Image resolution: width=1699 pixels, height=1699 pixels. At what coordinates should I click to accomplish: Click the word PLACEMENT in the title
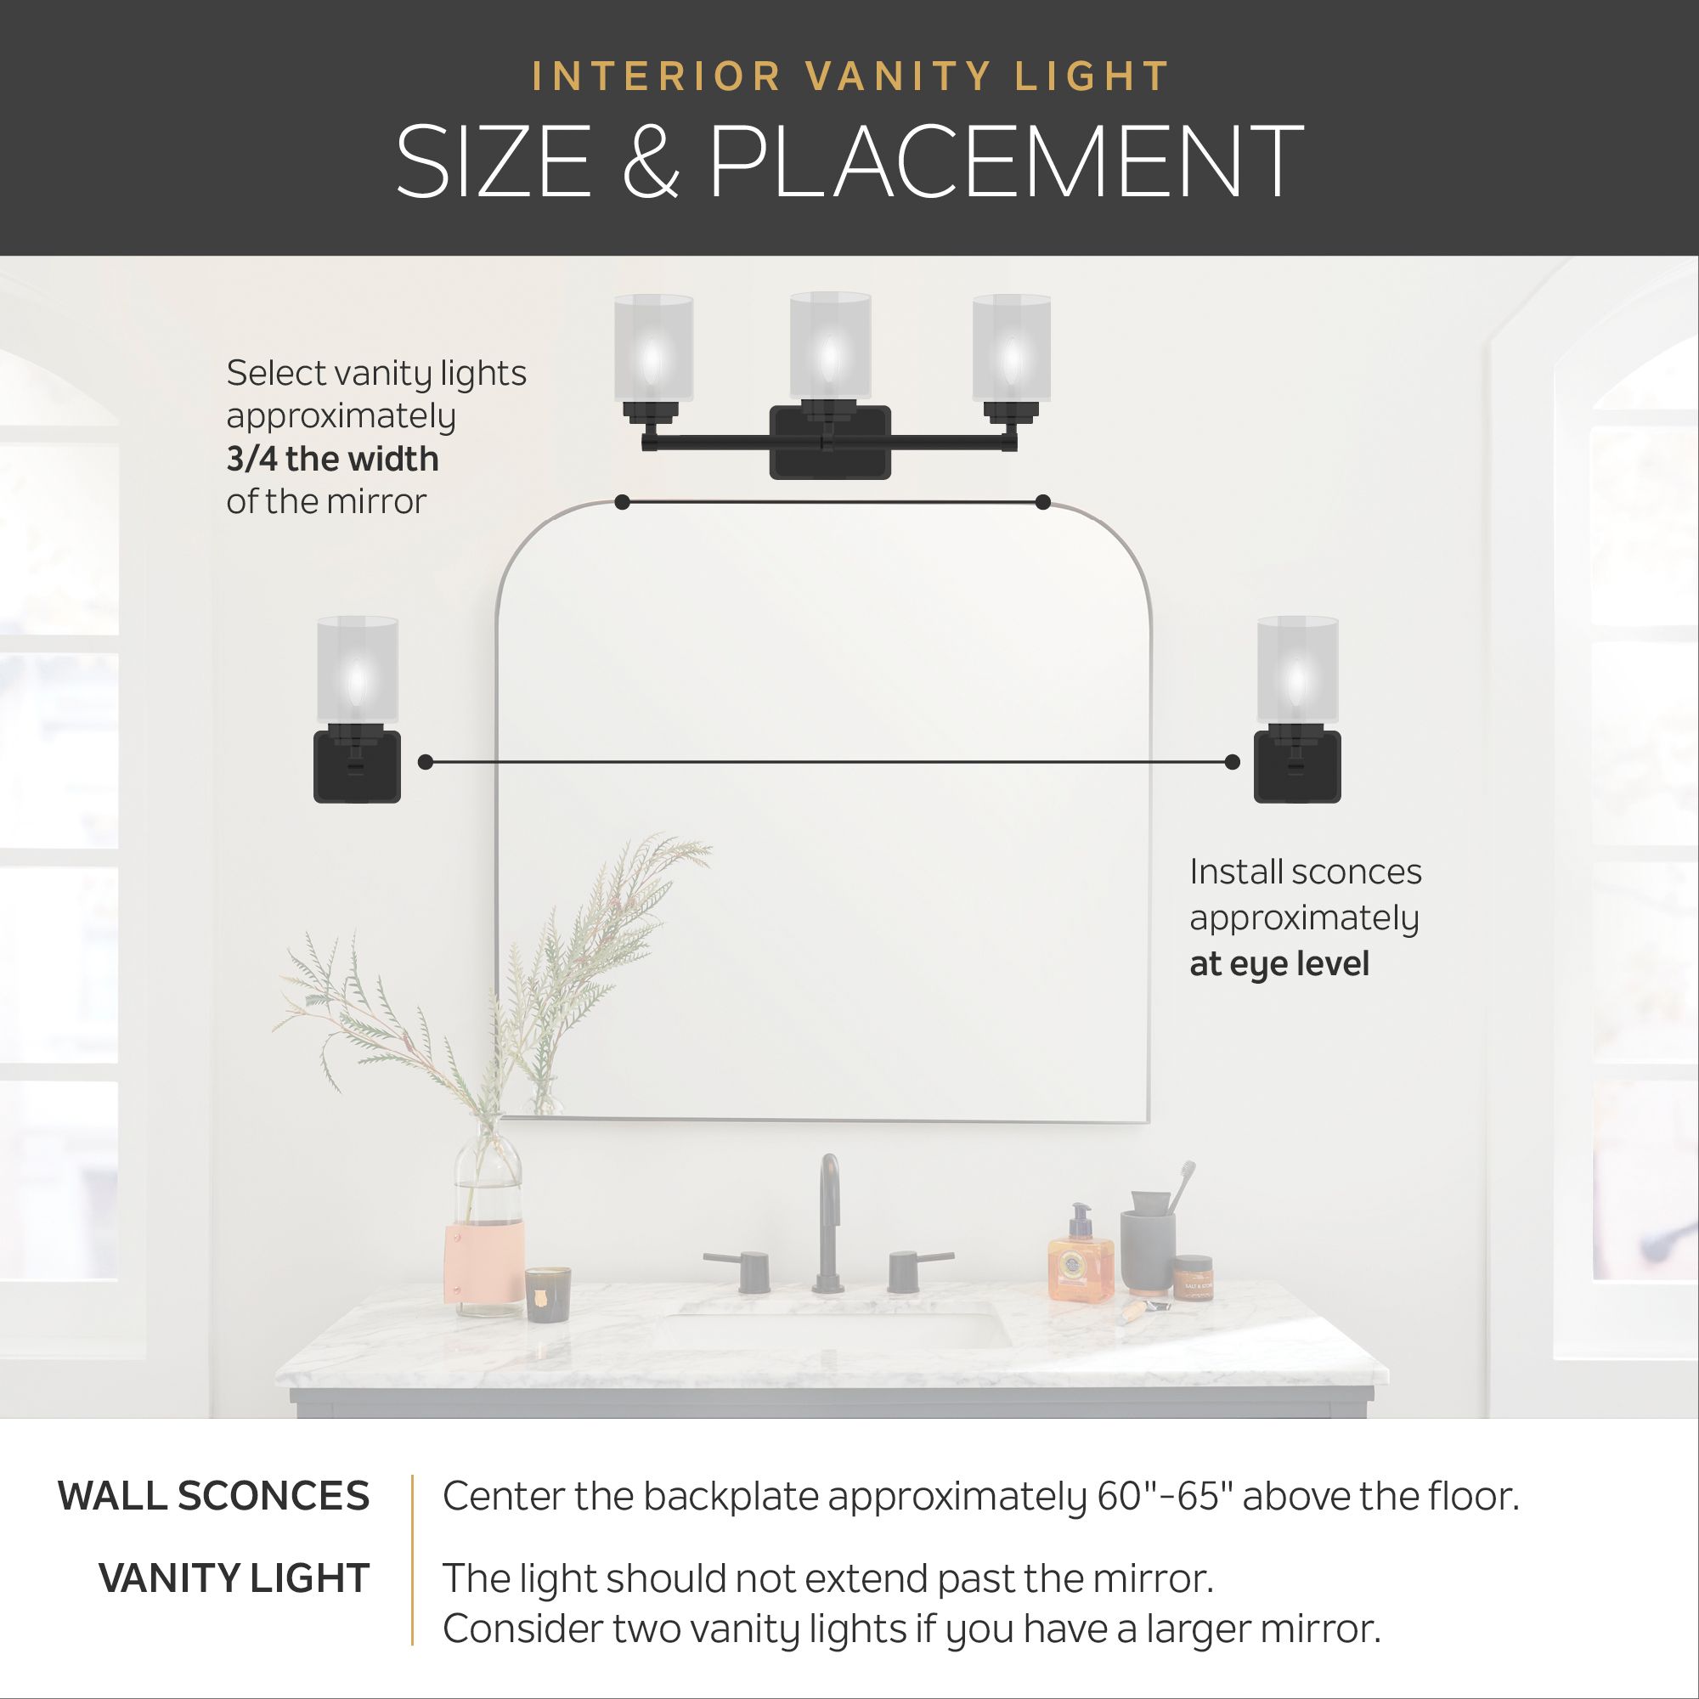(1005, 161)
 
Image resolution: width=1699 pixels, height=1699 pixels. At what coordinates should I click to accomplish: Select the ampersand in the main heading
(651, 161)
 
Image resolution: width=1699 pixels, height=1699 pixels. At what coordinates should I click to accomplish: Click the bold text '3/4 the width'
(332, 459)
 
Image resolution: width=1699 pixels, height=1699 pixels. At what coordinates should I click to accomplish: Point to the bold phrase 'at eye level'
(1279, 964)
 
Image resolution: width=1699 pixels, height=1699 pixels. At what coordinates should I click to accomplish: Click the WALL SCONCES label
(214, 1496)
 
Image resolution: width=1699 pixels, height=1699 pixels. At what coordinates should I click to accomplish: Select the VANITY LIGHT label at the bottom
(234, 1578)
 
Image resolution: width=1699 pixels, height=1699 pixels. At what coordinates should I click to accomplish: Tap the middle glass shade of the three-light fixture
(830, 345)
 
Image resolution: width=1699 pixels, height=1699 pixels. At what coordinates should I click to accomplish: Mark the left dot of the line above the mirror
(623, 502)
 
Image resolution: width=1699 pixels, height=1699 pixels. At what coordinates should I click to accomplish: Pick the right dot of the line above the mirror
(1043, 502)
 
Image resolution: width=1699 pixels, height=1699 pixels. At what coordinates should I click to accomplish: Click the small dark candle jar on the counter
(548, 1293)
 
